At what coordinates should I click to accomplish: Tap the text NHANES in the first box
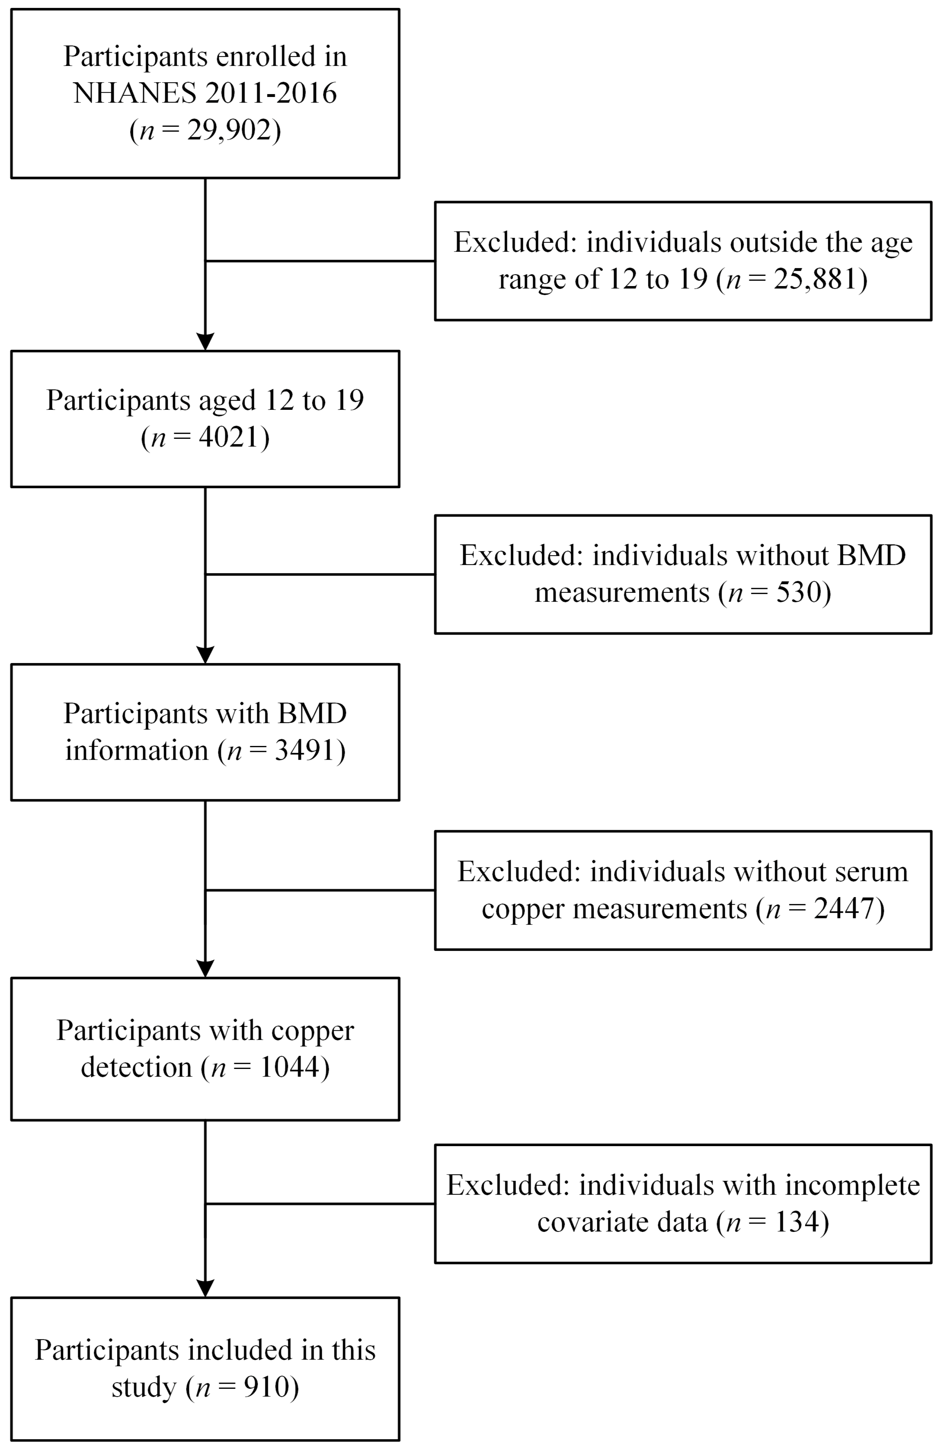(x=135, y=93)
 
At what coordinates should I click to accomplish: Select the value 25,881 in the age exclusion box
(x=816, y=279)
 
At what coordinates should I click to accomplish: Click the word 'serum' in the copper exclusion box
(x=871, y=872)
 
